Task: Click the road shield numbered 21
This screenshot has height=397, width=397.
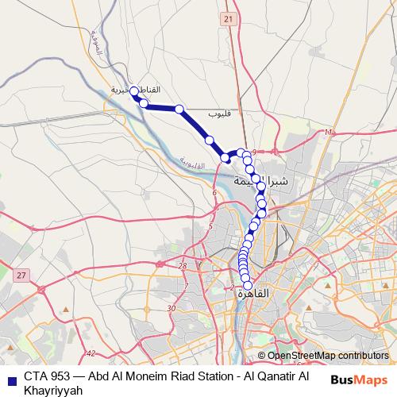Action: coord(229,18)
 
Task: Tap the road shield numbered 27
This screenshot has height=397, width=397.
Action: coord(21,275)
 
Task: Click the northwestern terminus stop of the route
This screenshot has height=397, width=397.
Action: coord(134,91)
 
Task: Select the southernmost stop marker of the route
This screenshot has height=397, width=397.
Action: coord(248,286)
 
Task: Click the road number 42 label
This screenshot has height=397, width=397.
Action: coord(91,353)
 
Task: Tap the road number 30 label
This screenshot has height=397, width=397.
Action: coord(172,308)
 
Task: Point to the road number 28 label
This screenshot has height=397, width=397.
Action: coord(183,266)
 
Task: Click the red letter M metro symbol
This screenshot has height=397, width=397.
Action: coord(327,132)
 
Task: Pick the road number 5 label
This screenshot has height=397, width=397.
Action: coord(210,228)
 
